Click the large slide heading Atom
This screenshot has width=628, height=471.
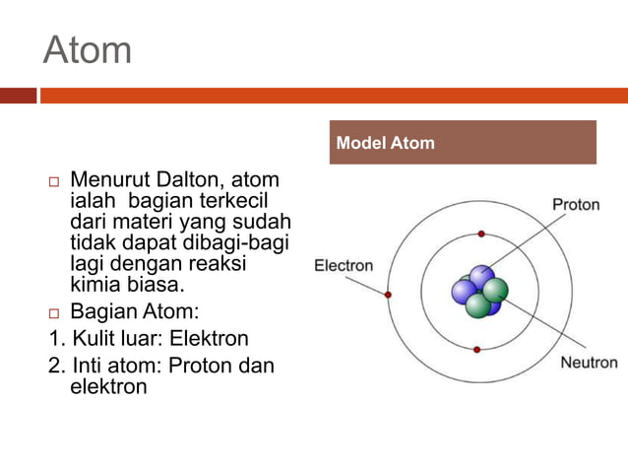[x=88, y=49]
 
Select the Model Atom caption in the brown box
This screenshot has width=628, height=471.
[x=385, y=143]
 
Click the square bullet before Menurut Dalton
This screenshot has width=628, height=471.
[x=54, y=182]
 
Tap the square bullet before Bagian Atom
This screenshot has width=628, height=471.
[x=54, y=314]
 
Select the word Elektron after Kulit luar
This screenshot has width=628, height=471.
[x=210, y=339]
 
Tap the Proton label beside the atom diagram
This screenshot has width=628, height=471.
[x=576, y=206]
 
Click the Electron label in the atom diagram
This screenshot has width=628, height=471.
[x=344, y=265]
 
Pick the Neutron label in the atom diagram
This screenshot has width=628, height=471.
[x=589, y=362]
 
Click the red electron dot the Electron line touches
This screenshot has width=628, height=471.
[x=389, y=295]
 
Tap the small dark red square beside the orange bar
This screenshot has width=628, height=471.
[x=18, y=96]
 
